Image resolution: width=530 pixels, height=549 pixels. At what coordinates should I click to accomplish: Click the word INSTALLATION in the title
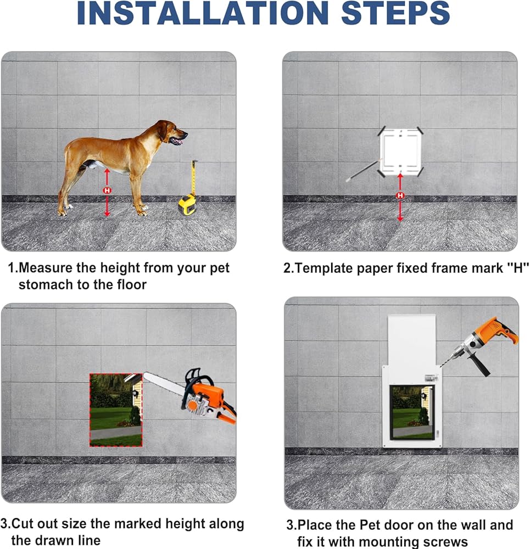(203, 13)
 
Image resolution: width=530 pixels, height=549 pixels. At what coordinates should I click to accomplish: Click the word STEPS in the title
(395, 13)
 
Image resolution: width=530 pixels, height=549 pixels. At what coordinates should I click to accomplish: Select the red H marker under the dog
(107, 191)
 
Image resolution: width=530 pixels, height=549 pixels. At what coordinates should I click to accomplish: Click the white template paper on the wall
(400, 152)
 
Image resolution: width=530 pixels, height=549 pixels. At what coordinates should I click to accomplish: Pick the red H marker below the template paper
(400, 195)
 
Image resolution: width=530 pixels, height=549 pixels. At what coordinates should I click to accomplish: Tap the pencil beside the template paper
(362, 171)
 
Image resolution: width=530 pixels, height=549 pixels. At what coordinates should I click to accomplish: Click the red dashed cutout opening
(116, 410)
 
